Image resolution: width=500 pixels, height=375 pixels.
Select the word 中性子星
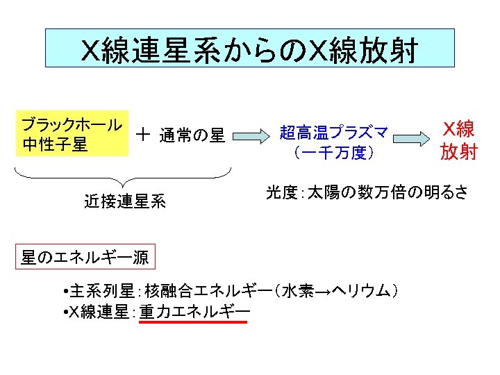55,145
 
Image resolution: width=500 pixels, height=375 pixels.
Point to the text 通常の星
192,135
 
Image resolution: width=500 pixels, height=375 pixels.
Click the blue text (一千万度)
333,152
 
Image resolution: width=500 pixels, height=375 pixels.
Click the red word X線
459,129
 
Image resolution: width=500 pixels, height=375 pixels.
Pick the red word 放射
459,151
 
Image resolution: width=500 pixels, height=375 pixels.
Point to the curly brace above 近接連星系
123,177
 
